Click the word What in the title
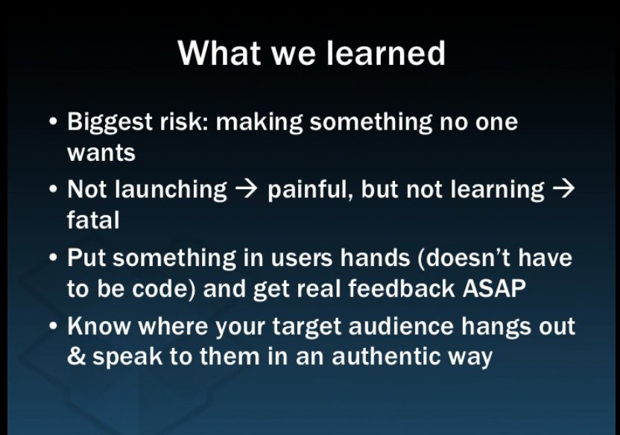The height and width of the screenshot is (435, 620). point(219,53)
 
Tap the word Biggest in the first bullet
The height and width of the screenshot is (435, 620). point(110,122)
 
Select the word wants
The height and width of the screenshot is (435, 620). point(101,153)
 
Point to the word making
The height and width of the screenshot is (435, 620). point(259,122)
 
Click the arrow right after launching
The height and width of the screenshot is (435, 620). point(247,190)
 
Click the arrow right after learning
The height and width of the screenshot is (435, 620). point(563,190)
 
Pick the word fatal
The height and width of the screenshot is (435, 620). point(93,220)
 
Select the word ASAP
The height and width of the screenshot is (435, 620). point(494,288)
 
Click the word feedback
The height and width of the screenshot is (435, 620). point(401,288)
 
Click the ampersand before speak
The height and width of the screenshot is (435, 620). point(76,356)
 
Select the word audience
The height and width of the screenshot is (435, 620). point(401,327)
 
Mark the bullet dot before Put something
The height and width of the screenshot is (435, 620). point(54,258)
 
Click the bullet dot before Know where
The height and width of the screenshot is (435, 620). point(54,326)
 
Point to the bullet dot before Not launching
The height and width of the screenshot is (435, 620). point(54,189)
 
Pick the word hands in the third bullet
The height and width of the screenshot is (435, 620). point(375,258)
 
